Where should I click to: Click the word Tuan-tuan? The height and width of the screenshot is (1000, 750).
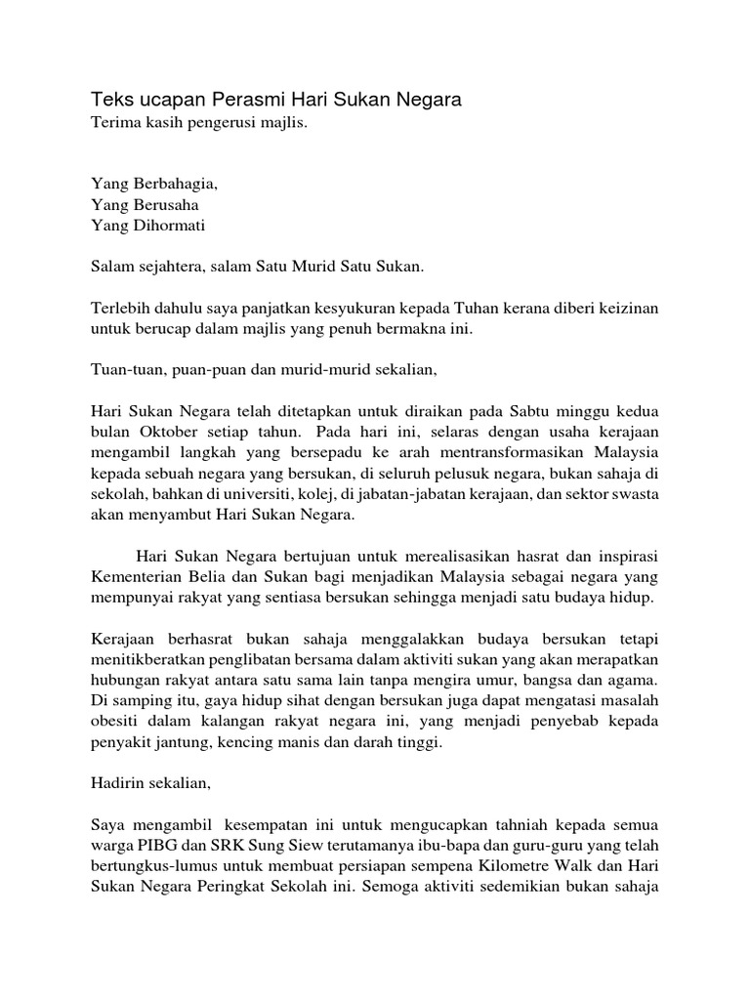(124, 370)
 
